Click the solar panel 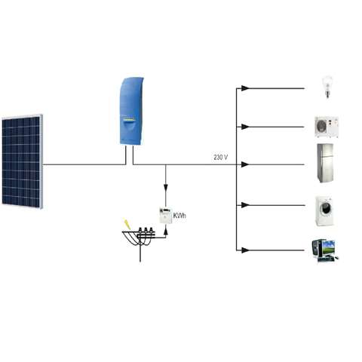tap(22, 161)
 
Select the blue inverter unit tap(131, 111)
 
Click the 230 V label tap(221, 158)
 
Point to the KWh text tap(179, 216)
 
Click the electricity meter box tap(166, 216)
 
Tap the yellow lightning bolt tap(127, 223)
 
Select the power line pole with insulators tap(140, 241)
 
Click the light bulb tap(327, 87)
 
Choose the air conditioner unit tap(327, 127)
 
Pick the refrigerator tap(325, 163)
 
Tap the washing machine tap(325, 210)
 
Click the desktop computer tap(324, 250)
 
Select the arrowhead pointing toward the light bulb tap(245, 88)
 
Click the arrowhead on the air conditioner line tap(245, 127)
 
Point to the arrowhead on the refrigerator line tap(245, 164)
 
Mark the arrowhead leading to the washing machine tap(245, 205)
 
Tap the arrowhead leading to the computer tap(245, 250)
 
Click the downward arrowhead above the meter tap(166, 188)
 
